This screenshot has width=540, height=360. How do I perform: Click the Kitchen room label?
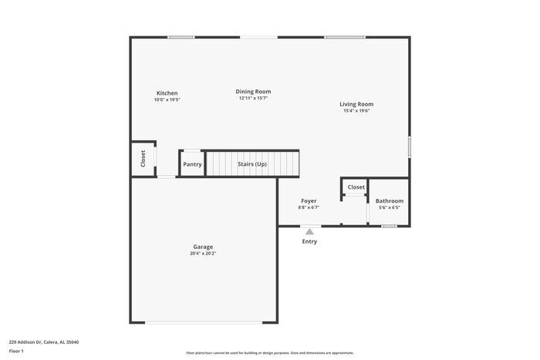point(167,93)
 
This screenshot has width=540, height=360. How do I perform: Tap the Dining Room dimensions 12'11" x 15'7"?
point(254,98)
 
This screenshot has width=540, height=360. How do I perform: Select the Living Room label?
point(356,104)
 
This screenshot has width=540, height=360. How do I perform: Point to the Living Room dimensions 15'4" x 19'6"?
point(356,111)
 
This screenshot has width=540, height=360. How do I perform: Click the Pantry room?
point(192,164)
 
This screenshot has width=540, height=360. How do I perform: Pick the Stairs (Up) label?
point(252,164)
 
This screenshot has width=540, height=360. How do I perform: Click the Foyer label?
point(309,200)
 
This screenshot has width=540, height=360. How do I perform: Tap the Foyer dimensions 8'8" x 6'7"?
point(309,207)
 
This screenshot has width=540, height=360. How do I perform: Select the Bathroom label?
point(389,200)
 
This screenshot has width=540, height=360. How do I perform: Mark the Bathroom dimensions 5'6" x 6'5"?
point(389,207)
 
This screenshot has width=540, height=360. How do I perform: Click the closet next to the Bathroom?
point(356,187)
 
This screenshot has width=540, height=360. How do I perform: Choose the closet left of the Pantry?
point(143,158)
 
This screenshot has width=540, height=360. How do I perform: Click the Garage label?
point(203,247)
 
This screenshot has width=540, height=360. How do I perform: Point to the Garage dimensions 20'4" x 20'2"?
point(203,254)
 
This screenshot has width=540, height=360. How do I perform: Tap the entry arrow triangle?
point(309,230)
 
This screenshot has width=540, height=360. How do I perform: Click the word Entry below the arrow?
point(309,241)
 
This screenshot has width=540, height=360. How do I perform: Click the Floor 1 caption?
point(16,352)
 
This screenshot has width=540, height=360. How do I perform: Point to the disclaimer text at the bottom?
point(270,352)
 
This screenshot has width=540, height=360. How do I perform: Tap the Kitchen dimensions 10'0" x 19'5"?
point(167,100)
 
